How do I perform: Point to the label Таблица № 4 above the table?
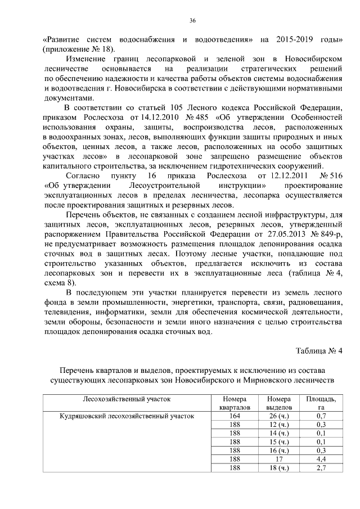coord(319,351)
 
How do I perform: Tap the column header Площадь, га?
coord(321,403)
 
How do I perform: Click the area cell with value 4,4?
coord(321,459)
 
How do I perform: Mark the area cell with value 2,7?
coord(321,467)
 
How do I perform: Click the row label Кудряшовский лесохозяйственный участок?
coord(127,416)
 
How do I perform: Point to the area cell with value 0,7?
coord(321,416)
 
